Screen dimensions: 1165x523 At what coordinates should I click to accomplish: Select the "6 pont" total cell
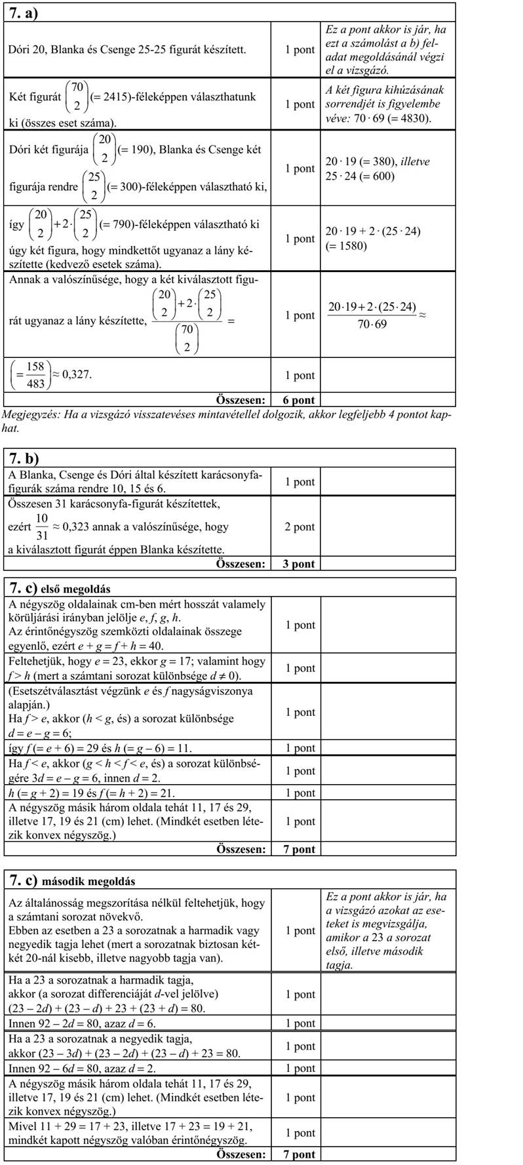point(294,400)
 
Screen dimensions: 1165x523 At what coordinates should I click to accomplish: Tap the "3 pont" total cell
point(294,564)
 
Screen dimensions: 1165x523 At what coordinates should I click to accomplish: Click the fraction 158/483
point(35,376)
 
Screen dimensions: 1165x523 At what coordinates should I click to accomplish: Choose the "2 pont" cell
point(294,526)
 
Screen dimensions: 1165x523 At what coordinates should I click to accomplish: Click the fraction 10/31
point(42,526)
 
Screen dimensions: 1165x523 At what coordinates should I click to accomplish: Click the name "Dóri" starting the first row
point(19,50)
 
